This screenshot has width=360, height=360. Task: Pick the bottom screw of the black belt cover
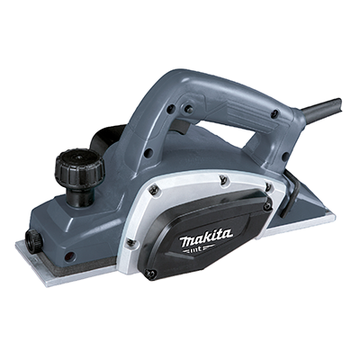[x=151, y=273]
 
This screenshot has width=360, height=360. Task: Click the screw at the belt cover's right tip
[x=267, y=205]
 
